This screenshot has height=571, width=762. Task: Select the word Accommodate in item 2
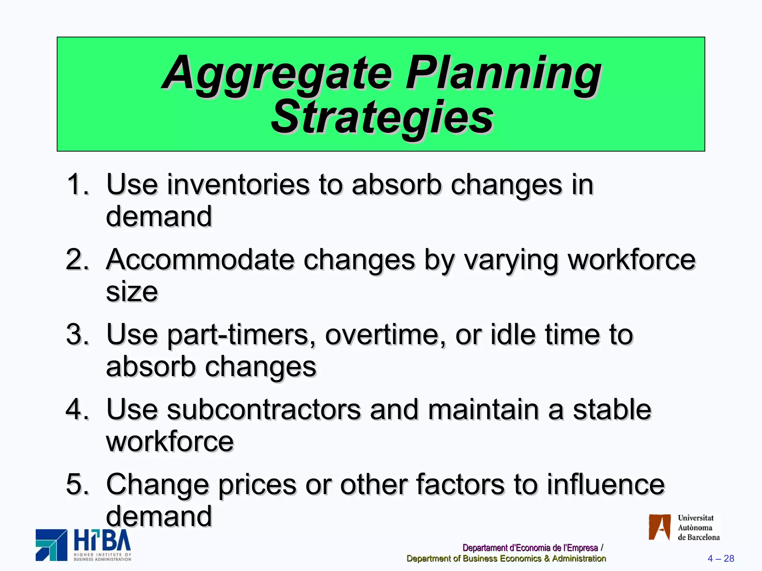pyautogui.click(x=200, y=259)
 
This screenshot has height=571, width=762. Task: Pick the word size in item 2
pyautogui.click(x=132, y=291)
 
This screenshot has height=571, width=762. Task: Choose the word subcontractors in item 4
pyautogui.click(x=264, y=409)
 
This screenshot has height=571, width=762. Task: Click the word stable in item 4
pyautogui.click(x=612, y=409)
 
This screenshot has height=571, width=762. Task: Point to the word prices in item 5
pyautogui.click(x=257, y=485)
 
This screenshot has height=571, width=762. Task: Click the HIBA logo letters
pyautogui.click(x=102, y=541)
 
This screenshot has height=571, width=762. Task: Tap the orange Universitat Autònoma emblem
pyautogui.click(x=659, y=527)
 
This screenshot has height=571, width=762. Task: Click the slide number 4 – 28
pyautogui.click(x=721, y=558)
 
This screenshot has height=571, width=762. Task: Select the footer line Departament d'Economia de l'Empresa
pyautogui.click(x=530, y=548)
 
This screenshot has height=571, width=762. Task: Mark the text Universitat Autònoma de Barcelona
pyautogui.click(x=698, y=528)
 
